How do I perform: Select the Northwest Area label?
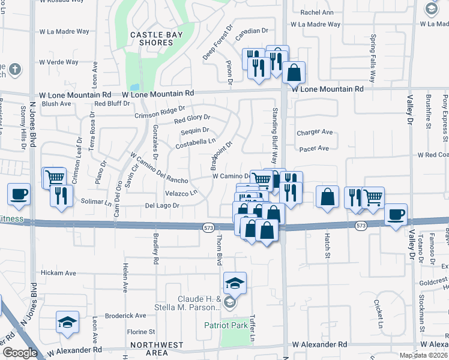(x=157, y=349)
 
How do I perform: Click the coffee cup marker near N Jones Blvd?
(x=19, y=195)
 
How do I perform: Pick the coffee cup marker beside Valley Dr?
(x=396, y=215)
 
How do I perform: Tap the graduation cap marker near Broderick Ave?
(x=67, y=323)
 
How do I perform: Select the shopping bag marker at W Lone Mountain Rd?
(x=294, y=73)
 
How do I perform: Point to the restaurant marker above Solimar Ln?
(x=61, y=196)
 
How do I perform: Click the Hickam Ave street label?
(x=58, y=273)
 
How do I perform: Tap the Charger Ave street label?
(x=315, y=132)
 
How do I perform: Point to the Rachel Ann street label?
(x=317, y=13)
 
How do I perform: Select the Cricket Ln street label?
(x=378, y=309)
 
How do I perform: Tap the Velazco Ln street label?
(x=181, y=193)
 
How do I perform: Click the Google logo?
(x=20, y=353)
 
